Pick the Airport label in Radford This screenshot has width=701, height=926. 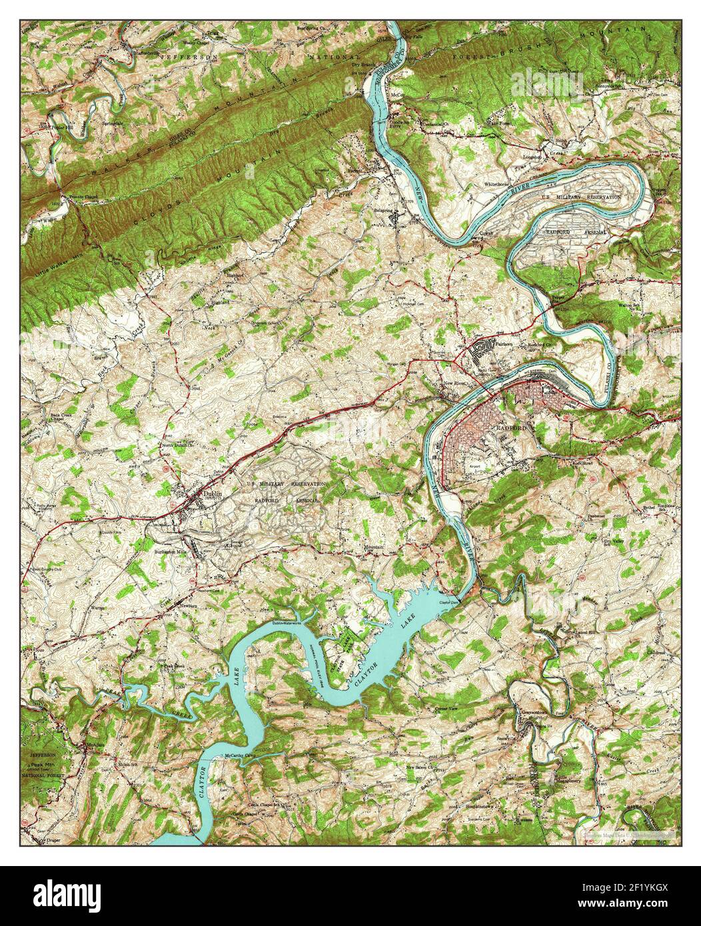475,466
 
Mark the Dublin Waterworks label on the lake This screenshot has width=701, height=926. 287,622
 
